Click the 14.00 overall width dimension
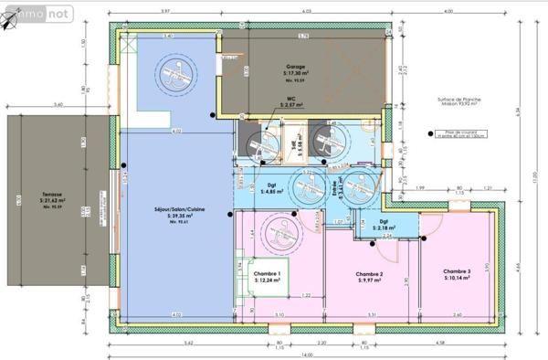[309, 355]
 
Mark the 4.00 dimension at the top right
[448, 10]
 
